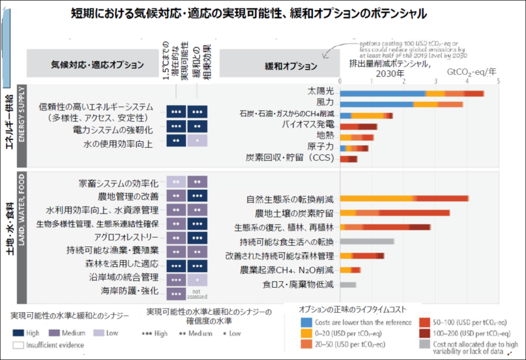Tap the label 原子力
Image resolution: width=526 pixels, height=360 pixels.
point(320,146)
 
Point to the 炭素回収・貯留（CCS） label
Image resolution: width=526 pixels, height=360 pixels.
point(290,159)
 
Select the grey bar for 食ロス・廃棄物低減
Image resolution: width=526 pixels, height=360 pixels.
point(348,284)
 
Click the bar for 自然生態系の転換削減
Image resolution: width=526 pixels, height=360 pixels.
point(404,198)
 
